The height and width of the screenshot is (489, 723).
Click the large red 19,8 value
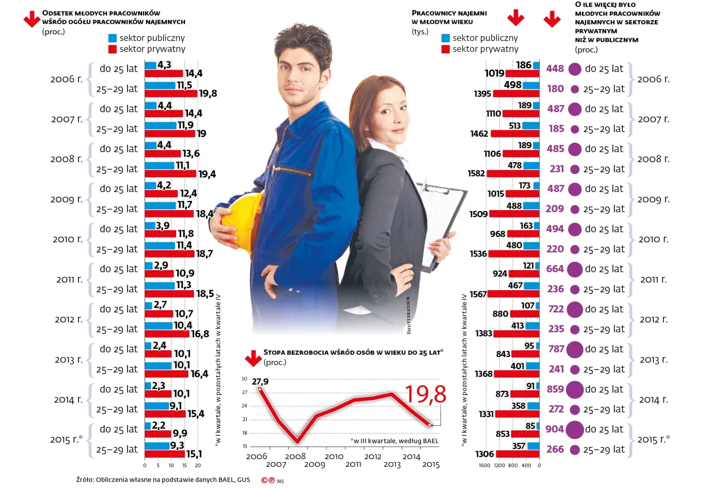pyautogui.click(x=426, y=395)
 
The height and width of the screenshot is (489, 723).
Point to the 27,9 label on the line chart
pyautogui.click(x=260, y=382)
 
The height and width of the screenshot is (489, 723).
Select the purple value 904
pyautogui.click(x=555, y=429)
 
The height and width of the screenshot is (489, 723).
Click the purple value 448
pyautogui.click(x=555, y=69)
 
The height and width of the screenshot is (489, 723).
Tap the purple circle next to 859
pyautogui.click(x=575, y=389)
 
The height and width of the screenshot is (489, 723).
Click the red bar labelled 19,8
pyautogui.click(x=171, y=93)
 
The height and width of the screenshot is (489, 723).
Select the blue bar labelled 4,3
pyautogui.click(x=150, y=65)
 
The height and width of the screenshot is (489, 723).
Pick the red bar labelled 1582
pyautogui.click(x=513, y=173)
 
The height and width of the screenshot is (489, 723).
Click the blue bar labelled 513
pyautogui.click(x=531, y=125)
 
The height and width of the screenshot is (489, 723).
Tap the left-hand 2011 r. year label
pyautogui.click(x=69, y=279)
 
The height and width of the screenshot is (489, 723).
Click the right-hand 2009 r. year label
pyautogui.click(x=653, y=199)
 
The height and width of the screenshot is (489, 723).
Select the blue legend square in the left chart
pyautogui.click(x=113, y=38)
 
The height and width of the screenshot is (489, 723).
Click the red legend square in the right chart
pyautogui.click(x=446, y=49)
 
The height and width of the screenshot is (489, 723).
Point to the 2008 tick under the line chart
pyautogui.click(x=295, y=456)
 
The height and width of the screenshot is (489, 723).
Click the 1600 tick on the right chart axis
pyautogui.click(x=484, y=465)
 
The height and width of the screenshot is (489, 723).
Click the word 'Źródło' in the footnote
pyautogui.click(x=85, y=480)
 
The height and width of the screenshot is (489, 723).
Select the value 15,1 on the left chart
pyautogui.click(x=194, y=454)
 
